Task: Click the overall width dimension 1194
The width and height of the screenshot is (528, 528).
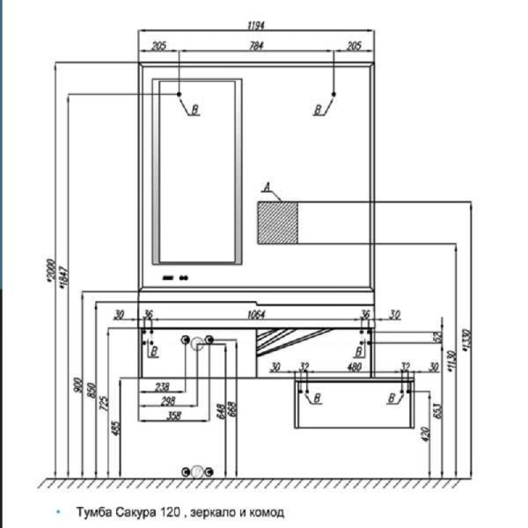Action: tap(257, 26)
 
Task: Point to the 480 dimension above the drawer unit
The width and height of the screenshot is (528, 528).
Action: tap(354, 366)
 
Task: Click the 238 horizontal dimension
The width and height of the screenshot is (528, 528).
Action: tap(162, 385)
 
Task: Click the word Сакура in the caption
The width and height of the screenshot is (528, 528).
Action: tap(136, 511)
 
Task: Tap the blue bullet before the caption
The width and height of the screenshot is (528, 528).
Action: tap(59, 511)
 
